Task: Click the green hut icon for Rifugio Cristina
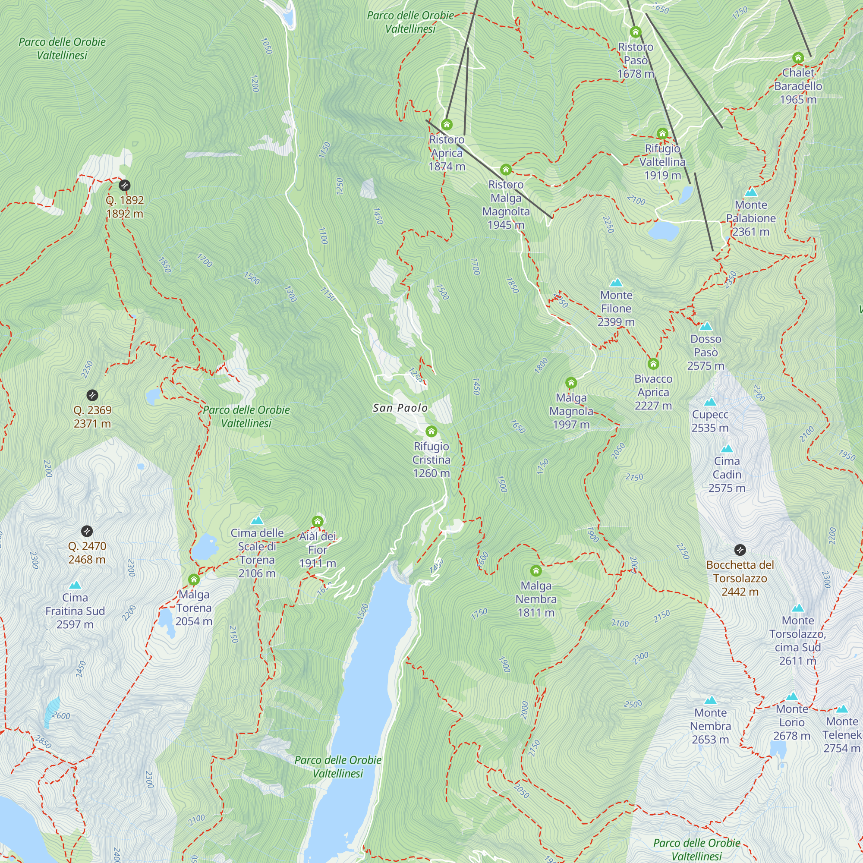431,431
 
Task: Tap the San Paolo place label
400,408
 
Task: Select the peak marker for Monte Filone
616,282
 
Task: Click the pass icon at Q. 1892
125,185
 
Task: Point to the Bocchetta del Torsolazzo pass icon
740,549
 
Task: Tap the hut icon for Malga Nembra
535,570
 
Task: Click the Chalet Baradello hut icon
798,58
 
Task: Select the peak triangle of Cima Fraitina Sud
75,585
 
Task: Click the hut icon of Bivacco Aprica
653,364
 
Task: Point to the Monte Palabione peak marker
751,192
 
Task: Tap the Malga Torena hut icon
193,580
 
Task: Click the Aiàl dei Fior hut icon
317,521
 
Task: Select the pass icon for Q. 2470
87,531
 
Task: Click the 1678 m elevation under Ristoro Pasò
635,74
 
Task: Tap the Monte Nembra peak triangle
710,700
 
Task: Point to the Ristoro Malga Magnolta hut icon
505,170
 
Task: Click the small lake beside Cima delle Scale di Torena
204,546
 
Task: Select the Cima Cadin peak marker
726,448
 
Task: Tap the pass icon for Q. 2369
92,395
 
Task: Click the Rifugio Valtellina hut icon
662,134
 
